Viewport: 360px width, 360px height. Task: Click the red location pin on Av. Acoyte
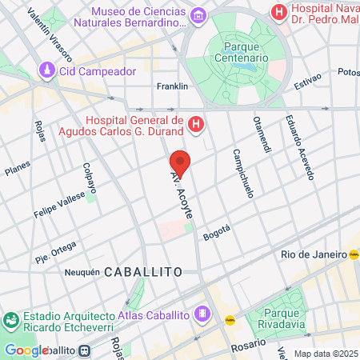click(180, 162)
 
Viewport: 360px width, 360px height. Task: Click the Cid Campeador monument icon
click(47, 71)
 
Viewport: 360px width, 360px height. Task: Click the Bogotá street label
click(216, 232)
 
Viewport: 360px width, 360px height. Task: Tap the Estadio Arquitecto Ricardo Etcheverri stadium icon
click(10, 321)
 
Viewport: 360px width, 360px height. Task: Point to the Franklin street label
click(172, 86)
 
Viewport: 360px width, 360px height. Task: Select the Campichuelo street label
click(244, 172)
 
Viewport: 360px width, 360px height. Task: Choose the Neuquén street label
click(81, 272)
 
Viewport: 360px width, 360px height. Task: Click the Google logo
click(26, 350)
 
